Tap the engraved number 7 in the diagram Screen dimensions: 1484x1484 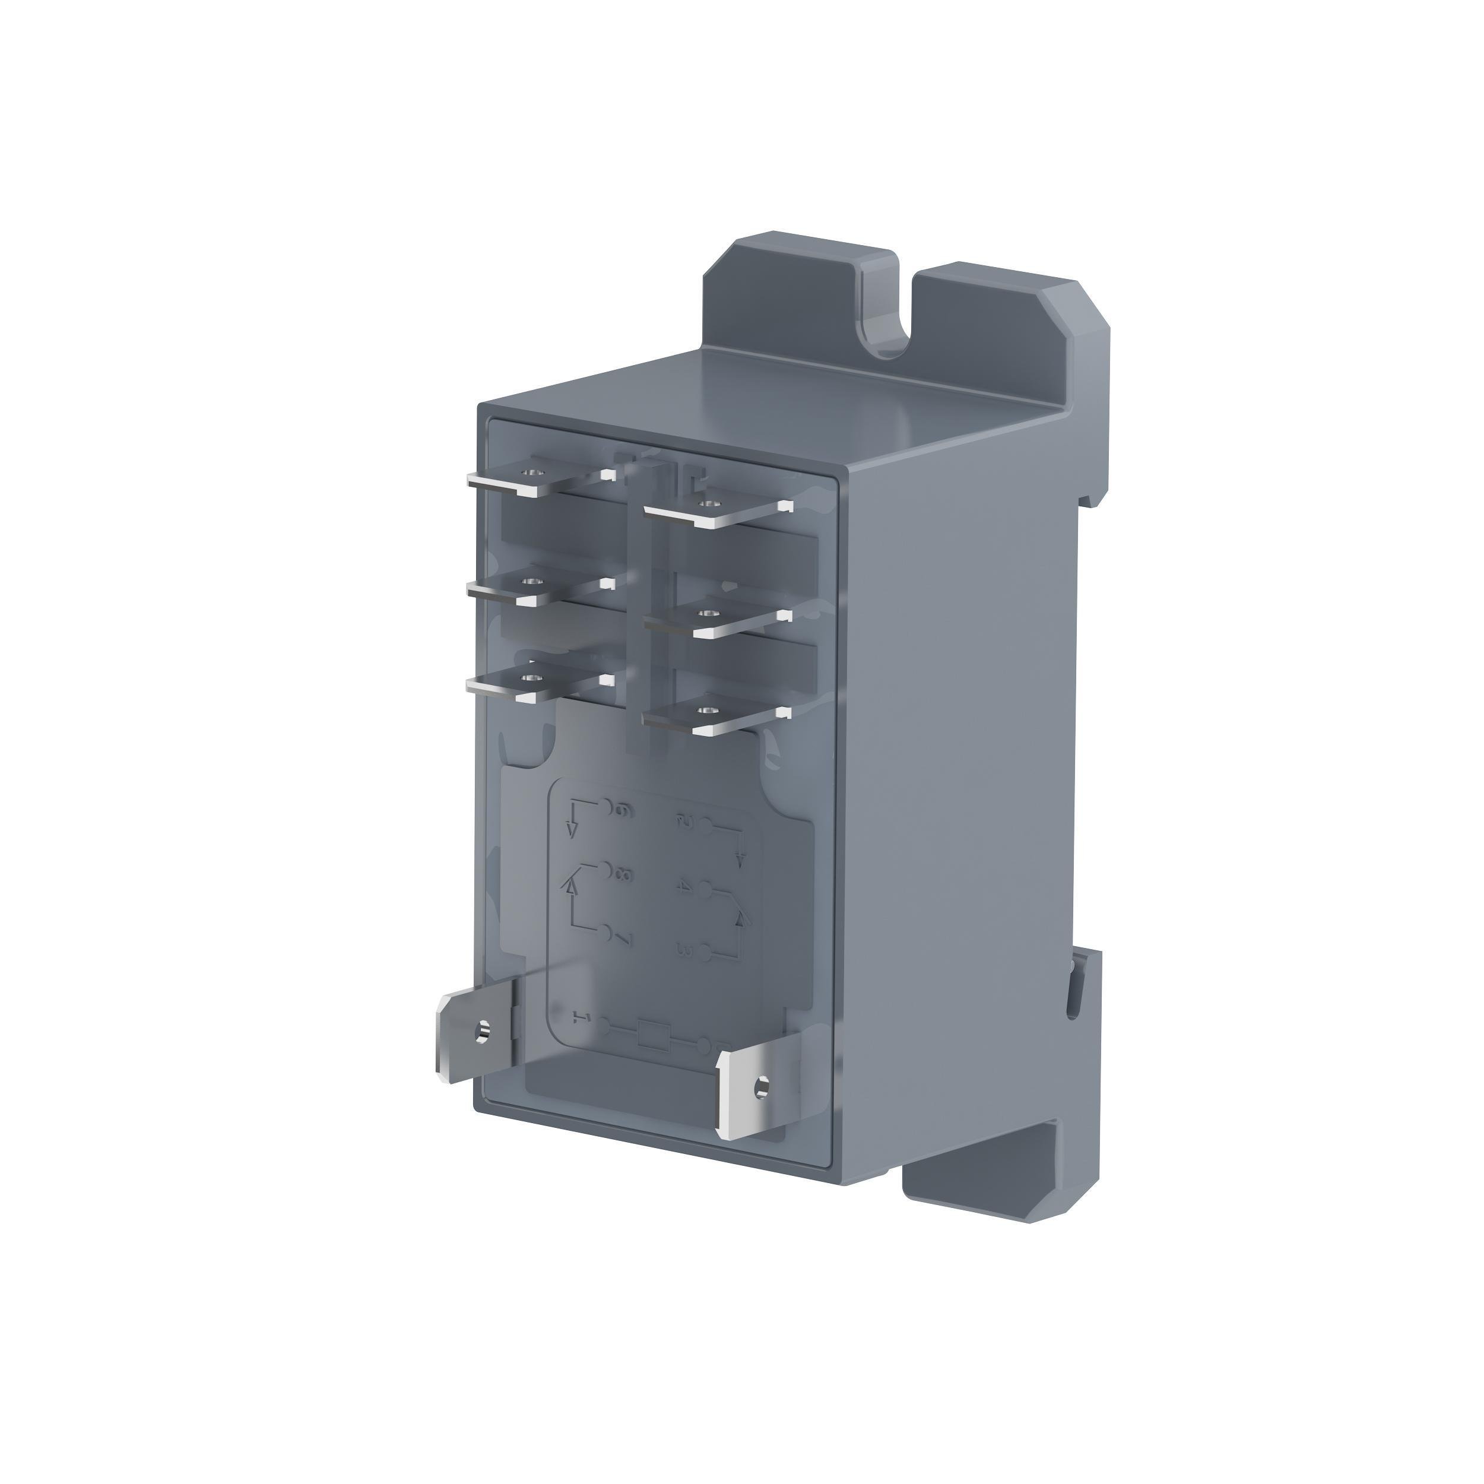coord(624,938)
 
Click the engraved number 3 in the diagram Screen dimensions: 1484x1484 coord(684,953)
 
